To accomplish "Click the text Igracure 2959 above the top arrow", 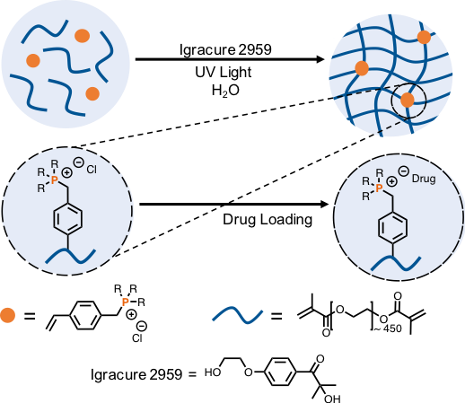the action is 225,49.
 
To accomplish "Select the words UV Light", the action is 224,73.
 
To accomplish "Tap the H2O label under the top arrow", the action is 225,91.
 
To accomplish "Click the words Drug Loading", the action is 268,220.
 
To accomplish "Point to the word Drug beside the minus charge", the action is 424,179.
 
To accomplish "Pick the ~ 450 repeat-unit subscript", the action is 388,329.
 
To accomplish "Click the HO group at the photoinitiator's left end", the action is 213,372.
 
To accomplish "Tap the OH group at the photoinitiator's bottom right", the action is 332,399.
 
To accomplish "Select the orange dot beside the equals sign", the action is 7,315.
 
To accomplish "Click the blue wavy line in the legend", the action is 238,315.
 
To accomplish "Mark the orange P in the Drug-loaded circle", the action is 379,188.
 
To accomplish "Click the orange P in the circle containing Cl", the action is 54,180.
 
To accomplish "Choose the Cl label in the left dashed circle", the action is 92,170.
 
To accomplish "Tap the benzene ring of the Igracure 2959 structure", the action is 280,372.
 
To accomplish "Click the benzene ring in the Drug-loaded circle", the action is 392,228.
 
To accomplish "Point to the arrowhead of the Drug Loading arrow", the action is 324,205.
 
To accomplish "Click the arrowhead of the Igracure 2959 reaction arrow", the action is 320,59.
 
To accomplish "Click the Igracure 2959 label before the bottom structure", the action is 136,374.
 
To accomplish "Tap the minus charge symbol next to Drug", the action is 403,171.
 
